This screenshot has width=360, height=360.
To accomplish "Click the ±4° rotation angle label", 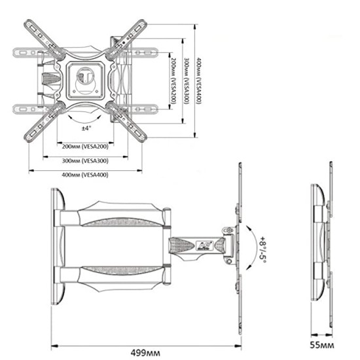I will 85,128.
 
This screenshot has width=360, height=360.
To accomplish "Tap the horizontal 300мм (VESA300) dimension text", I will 85,160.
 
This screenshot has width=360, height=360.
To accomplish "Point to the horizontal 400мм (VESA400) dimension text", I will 85,175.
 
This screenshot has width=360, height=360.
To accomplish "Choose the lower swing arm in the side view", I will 118,275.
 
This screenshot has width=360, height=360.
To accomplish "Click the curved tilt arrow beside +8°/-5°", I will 249,245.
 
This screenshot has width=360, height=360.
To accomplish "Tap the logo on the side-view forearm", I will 202,246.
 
